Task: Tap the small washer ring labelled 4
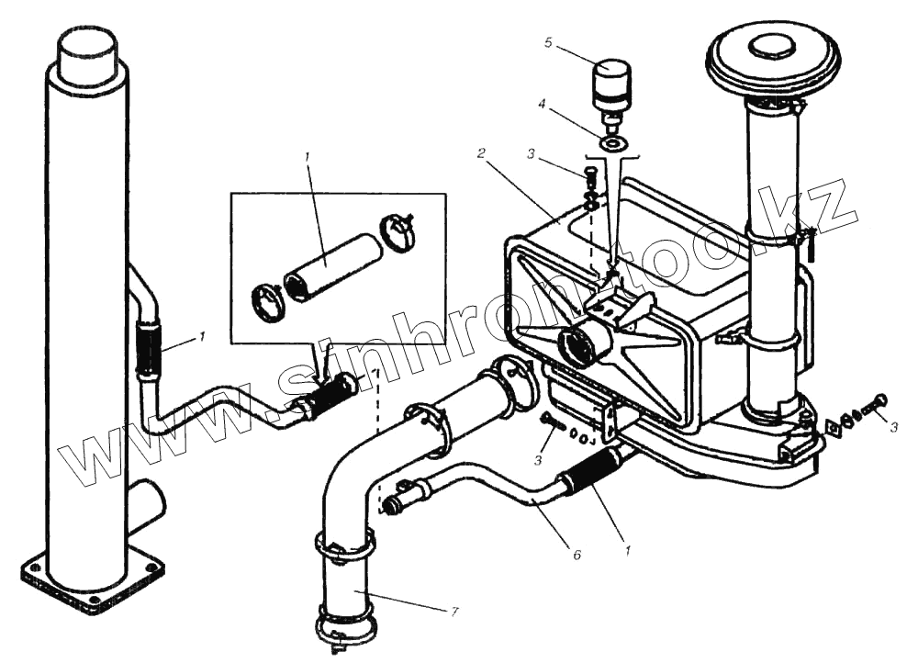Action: [612, 143]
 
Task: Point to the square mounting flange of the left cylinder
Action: [92, 577]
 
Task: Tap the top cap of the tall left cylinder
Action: [86, 50]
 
